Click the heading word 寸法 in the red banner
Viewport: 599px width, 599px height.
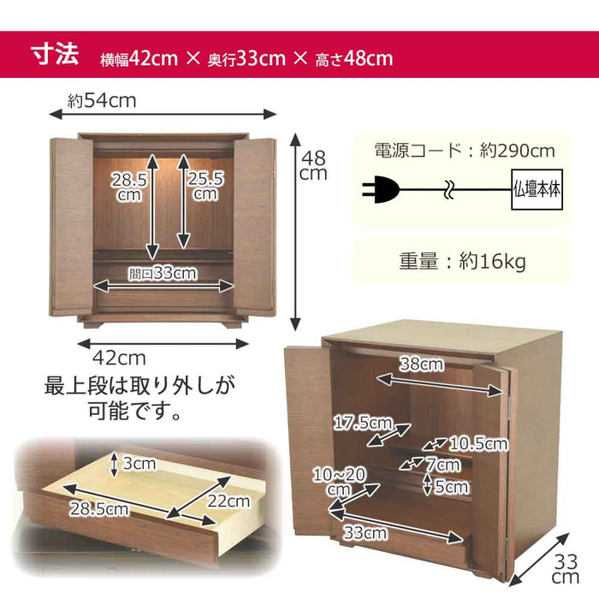point(55,54)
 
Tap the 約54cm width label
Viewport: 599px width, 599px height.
point(102,101)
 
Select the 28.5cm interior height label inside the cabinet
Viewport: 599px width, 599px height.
point(129,187)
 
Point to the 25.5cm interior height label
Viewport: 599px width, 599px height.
point(205,186)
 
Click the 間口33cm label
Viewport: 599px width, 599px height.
point(163,273)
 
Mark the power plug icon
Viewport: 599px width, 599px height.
point(381,189)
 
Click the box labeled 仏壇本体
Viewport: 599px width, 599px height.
point(537,189)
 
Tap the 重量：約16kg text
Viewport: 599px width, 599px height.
point(463,262)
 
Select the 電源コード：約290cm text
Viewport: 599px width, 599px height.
point(465,151)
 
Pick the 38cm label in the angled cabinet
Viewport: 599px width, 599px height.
point(421,364)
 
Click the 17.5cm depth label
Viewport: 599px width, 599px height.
point(363,423)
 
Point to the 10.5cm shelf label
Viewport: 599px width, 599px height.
point(478,444)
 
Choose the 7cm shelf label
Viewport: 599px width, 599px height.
point(443,465)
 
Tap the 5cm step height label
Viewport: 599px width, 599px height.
point(452,486)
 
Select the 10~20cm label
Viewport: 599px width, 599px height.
point(339,483)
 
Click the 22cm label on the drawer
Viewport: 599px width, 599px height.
point(228,501)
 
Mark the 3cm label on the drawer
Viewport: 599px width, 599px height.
point(139,464)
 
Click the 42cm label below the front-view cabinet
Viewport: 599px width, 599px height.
point(119,359)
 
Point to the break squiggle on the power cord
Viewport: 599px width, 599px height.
point(449,189)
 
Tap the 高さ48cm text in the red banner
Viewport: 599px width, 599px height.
point(354,59)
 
